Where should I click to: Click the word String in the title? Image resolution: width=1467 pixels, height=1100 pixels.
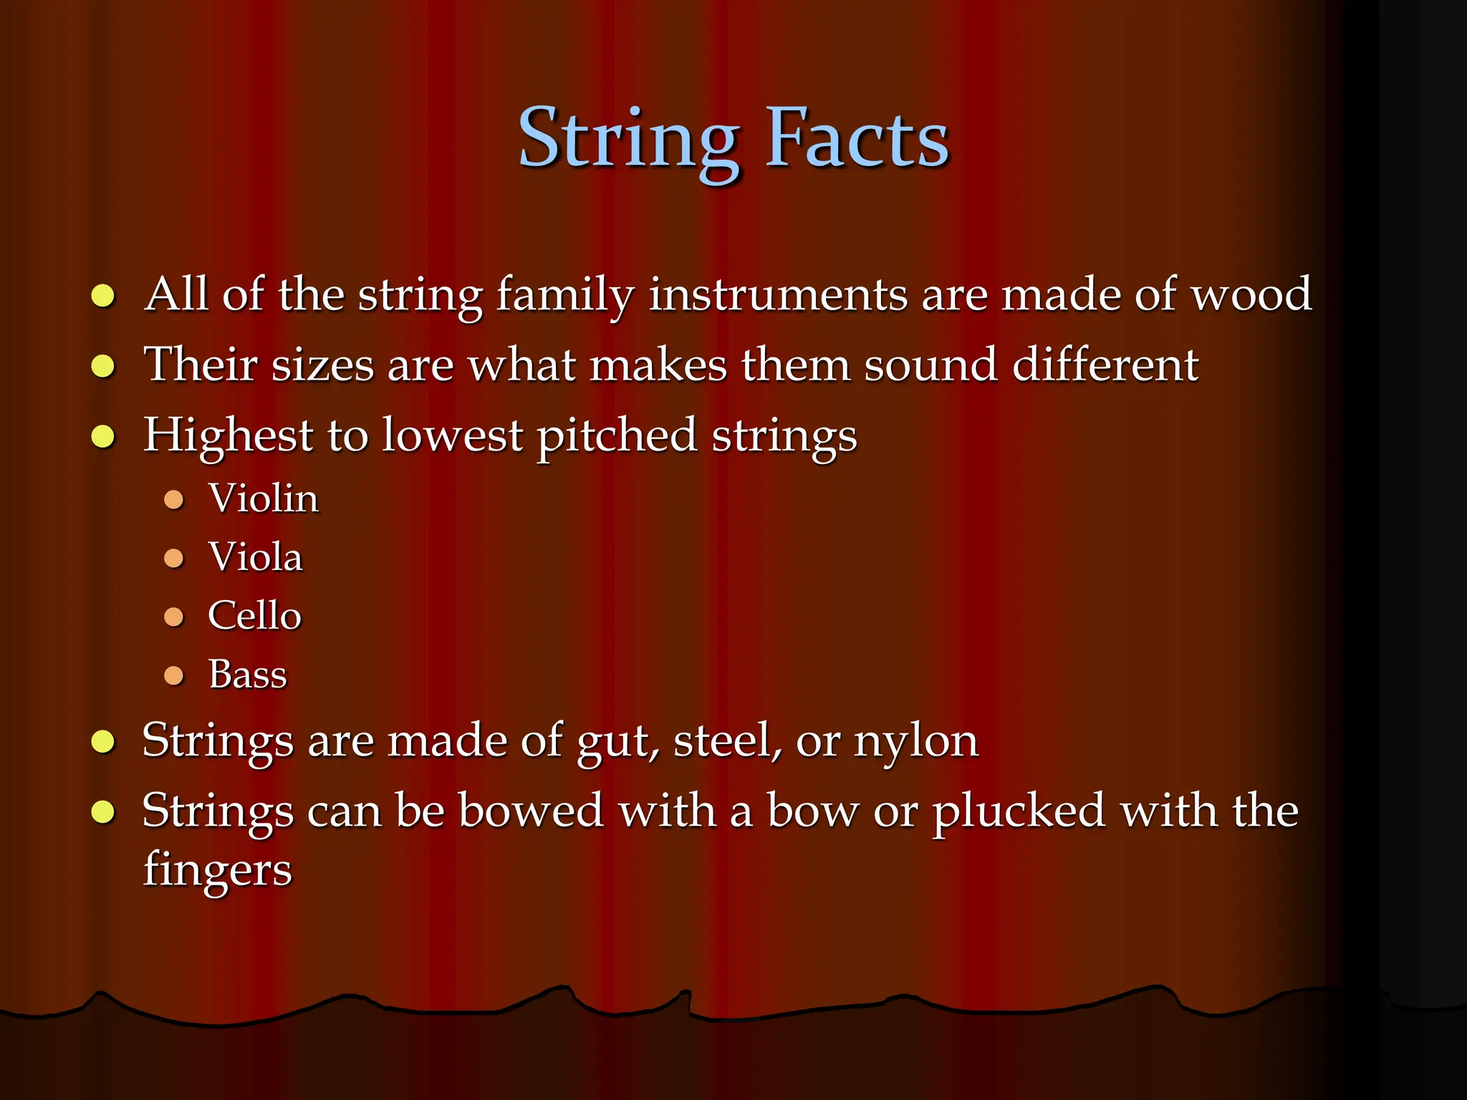628,140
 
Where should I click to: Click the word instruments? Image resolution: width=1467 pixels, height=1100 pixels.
778,295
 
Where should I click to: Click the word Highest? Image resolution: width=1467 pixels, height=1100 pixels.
228,435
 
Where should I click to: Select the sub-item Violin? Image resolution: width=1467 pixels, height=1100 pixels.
263,498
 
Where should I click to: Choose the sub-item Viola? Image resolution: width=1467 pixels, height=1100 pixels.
255,557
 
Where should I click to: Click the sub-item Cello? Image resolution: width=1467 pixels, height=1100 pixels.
254,616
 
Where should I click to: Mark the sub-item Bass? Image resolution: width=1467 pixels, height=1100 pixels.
247,675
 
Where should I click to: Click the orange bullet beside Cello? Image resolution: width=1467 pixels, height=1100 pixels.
174,617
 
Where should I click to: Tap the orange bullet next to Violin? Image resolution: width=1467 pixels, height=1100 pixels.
174,499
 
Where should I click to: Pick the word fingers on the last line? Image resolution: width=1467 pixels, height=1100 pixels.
217,871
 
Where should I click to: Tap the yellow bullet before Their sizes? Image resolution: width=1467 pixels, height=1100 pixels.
104,366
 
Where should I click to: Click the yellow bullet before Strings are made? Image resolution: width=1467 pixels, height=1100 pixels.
104,742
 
